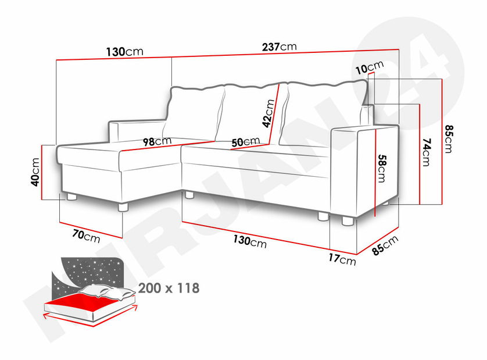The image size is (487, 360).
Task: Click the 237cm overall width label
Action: (x=280, y=47)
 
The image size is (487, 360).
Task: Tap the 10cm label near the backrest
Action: (x=370, y=67)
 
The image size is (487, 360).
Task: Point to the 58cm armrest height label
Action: (x=382, y=169)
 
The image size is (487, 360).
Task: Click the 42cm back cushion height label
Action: (x=268, y=113)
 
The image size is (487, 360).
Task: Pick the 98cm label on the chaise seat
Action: (x=157, y=141)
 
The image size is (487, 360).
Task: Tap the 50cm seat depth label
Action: (x=246, y=142)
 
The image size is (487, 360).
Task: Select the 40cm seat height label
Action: (x=35, y=172)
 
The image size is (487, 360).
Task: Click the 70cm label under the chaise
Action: (x=87, y=236)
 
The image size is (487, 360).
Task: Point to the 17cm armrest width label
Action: (x=342, y=259)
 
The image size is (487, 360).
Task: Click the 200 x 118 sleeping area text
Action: (x=169, y=288)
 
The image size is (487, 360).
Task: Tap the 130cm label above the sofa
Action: (x=125, y=52)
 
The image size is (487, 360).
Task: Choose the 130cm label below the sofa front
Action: (x=250, y=241)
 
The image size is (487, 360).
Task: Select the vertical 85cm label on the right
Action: (x=449, y=139)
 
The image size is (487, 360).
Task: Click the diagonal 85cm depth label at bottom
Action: (x=385, y=245)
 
